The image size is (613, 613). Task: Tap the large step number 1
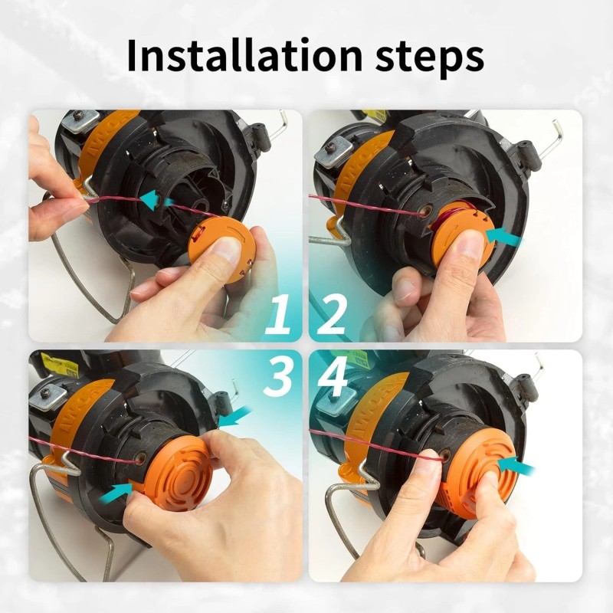pyautogui.click(x=277, y=316)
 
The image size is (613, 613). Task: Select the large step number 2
pyautogui.click(x=331, y=316)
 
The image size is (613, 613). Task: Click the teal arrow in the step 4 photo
pyautogui.click(x=515, y=463)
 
